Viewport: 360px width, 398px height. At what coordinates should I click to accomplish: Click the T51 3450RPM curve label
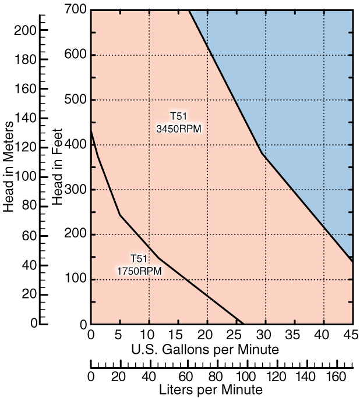179,122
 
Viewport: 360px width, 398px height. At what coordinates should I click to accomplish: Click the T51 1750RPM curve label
139,265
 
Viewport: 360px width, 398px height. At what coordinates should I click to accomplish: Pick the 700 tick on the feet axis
76,10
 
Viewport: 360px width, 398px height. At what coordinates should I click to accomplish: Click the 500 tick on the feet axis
76,99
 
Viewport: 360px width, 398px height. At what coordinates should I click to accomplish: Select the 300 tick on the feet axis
76,190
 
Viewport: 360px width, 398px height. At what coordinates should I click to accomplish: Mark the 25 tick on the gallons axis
236,336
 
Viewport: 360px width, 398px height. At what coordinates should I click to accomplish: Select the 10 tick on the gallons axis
149,336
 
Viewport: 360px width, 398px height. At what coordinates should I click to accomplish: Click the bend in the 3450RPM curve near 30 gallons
263,154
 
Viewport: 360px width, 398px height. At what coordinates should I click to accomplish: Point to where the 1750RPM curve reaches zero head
243,324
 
